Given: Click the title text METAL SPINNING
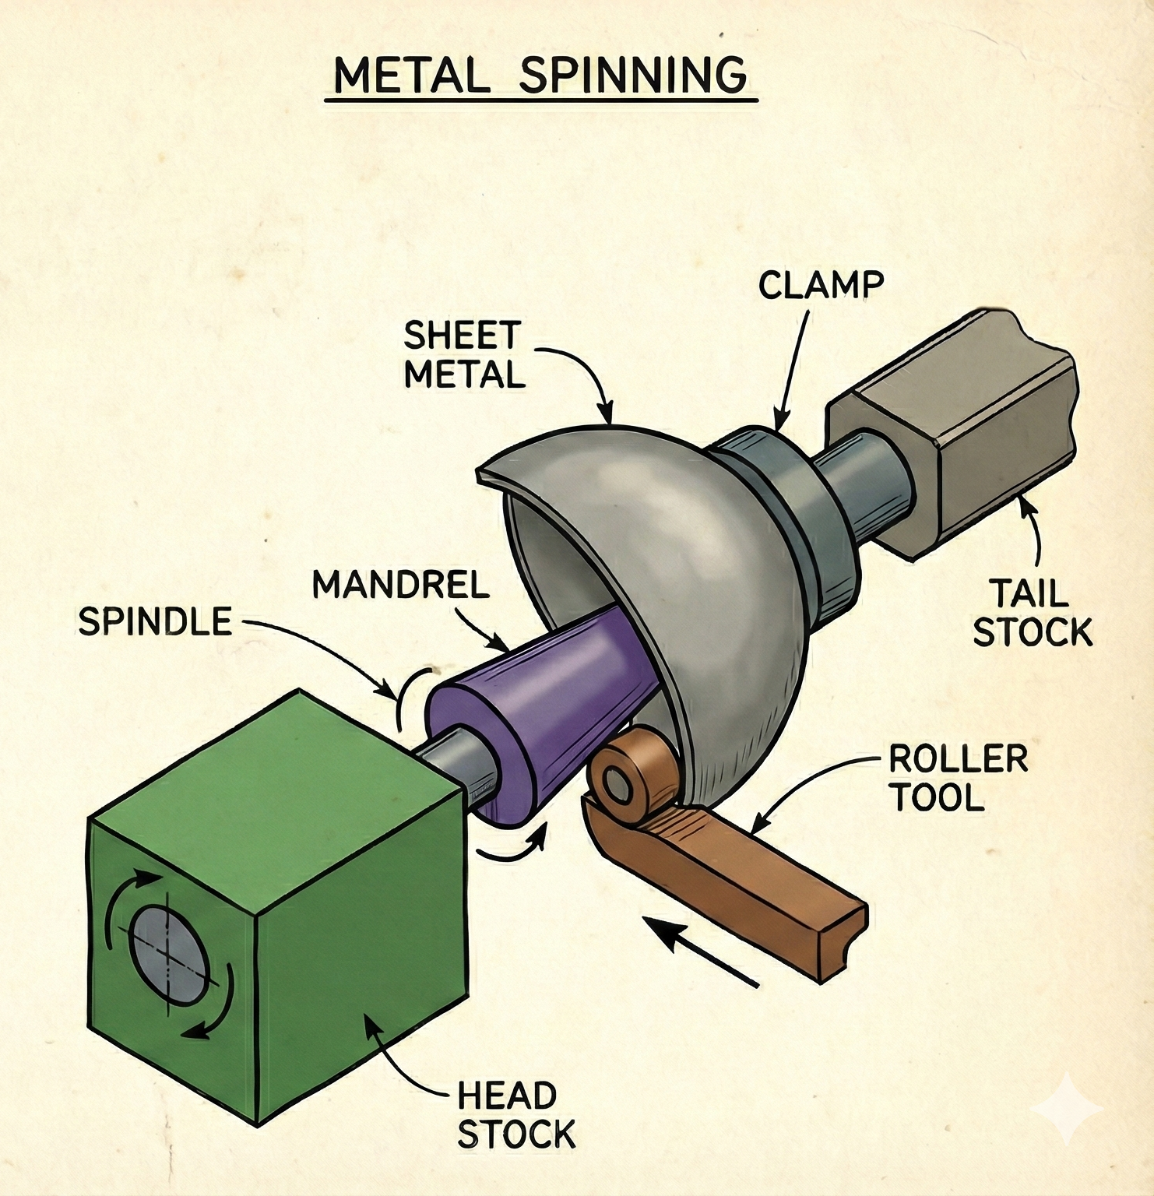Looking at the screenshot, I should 540,76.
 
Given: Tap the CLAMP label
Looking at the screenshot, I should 821,286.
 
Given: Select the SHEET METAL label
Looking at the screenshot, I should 463,355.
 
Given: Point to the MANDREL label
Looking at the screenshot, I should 400,585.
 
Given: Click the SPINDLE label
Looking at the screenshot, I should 155,622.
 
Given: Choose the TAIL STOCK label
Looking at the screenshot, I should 1032,613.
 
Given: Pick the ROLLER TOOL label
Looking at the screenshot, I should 958,778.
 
